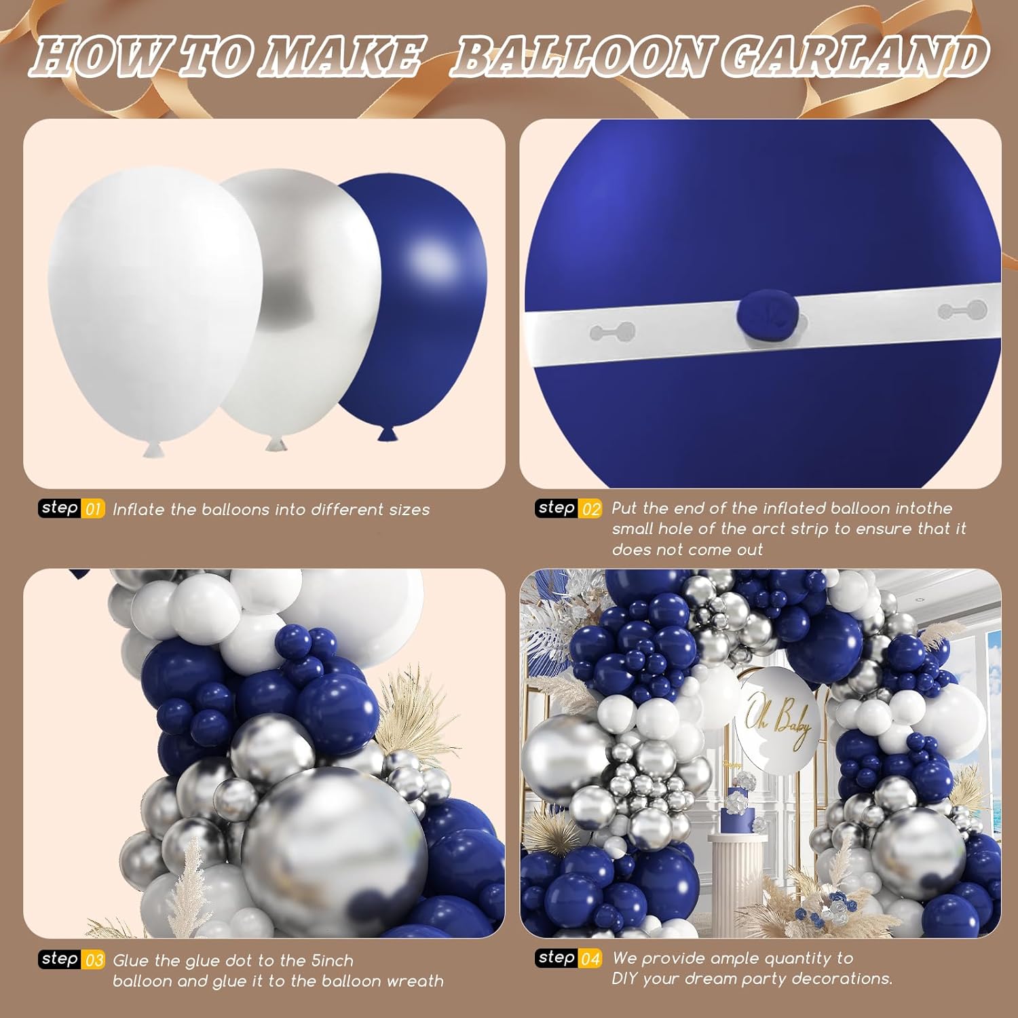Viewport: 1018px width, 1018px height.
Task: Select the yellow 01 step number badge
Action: (94, 509)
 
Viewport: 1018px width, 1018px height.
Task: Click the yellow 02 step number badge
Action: (590, 509)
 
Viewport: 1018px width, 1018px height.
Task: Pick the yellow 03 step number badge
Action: (94, 960)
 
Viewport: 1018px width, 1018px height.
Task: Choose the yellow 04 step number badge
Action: (590, 959)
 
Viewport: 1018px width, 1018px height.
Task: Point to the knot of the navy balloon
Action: (388, 433)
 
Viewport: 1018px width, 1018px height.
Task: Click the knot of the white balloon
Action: (153, 449)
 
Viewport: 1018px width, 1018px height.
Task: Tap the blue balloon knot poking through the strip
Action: (768, 312)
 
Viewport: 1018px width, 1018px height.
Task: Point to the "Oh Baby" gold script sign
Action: (777, 721)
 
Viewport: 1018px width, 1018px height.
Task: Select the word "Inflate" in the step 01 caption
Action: (139, 510)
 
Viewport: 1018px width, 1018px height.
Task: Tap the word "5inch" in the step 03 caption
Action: (333, 961)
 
